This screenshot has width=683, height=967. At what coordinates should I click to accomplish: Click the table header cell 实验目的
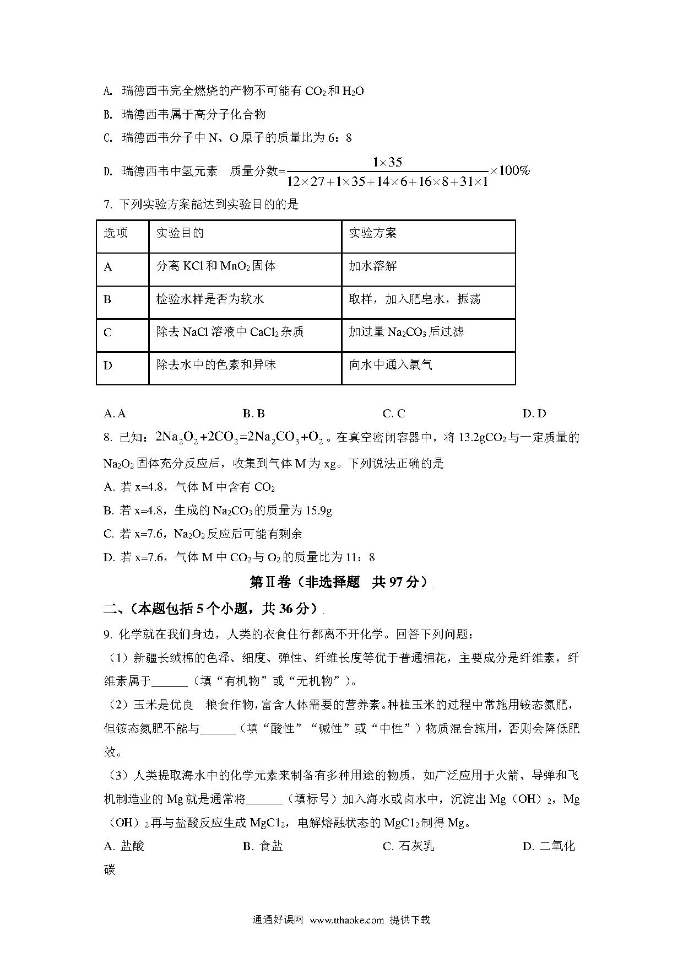pos(180,233)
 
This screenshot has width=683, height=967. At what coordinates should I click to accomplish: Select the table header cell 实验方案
pos(373,233)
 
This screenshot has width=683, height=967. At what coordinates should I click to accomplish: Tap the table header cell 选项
pos(116,233)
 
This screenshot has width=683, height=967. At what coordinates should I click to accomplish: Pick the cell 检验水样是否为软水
pos(210,299)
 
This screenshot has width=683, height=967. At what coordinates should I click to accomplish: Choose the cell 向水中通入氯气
pos(391,365)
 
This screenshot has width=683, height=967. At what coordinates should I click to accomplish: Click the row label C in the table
pos(108,332)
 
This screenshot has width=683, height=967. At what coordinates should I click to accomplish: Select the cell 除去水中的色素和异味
pos(216,365)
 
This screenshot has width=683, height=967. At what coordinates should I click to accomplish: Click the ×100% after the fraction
pos(509,170)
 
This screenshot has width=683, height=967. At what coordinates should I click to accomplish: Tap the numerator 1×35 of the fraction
pos(387,162)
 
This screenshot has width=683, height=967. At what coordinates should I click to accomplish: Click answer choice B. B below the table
pos(253,413)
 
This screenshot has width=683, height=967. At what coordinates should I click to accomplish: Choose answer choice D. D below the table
pos(534,413)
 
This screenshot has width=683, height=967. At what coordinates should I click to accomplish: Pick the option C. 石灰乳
pos(408,846)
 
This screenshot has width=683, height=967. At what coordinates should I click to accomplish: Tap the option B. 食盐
pos(263,846)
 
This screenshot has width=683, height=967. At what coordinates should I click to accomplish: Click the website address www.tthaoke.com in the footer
pos(346,920)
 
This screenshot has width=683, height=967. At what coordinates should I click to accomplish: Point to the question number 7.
pos(107,205)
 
